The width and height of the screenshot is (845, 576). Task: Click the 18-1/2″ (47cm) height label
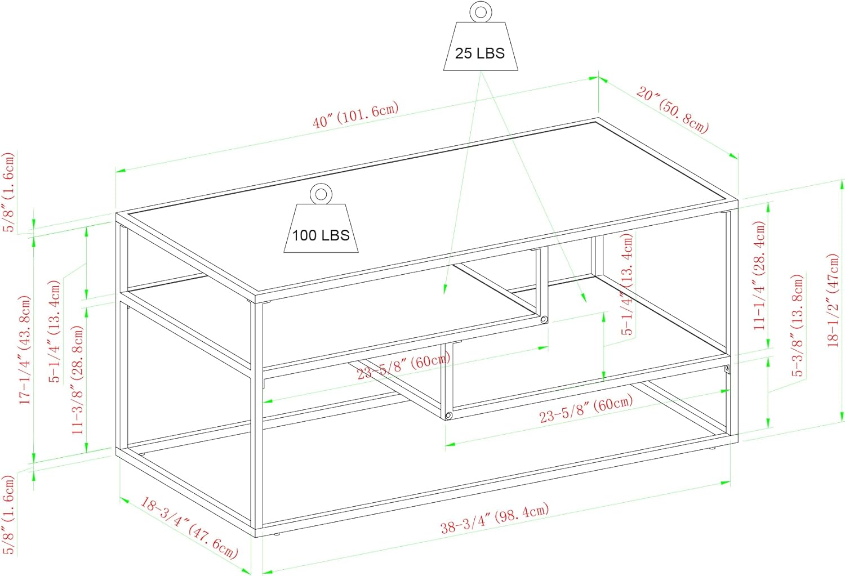[833, 300]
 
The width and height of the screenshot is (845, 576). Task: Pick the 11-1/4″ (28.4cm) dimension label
[759, 275]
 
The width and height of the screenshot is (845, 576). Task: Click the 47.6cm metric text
[214, 542]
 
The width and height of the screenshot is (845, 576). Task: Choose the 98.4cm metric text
[522, 513]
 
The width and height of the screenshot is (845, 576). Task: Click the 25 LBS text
[480, 53]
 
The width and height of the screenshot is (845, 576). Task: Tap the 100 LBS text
[321, 235]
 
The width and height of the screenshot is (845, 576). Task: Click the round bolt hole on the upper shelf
[544, 320]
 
